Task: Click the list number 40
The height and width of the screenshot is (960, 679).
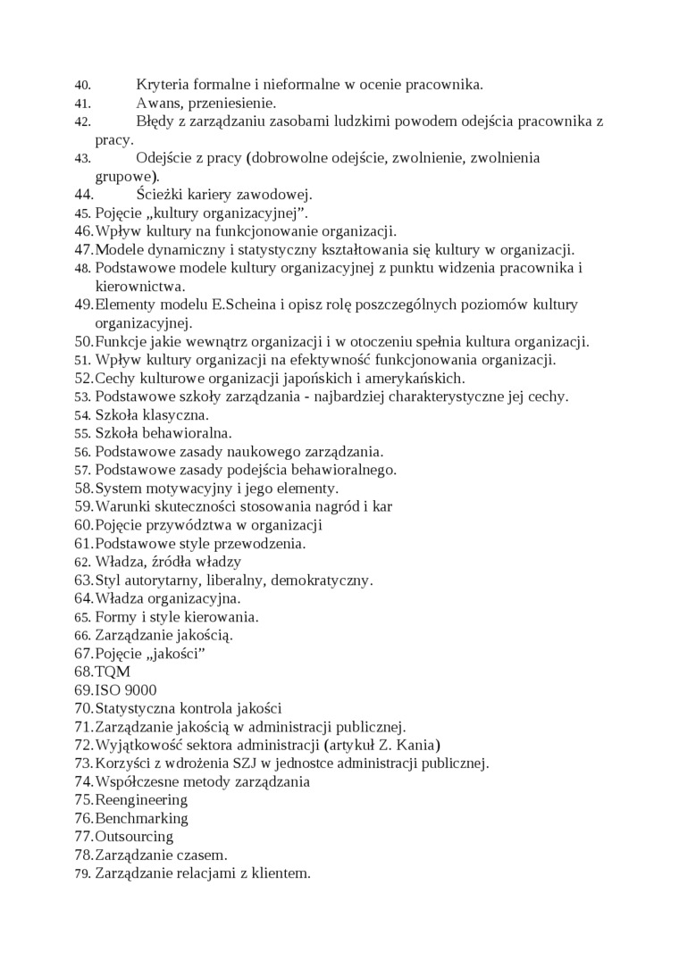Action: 82,86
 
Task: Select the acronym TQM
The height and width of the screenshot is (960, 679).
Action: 113,672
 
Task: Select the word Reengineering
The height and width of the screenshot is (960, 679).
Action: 141,800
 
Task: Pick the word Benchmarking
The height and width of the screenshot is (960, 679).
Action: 141,818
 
